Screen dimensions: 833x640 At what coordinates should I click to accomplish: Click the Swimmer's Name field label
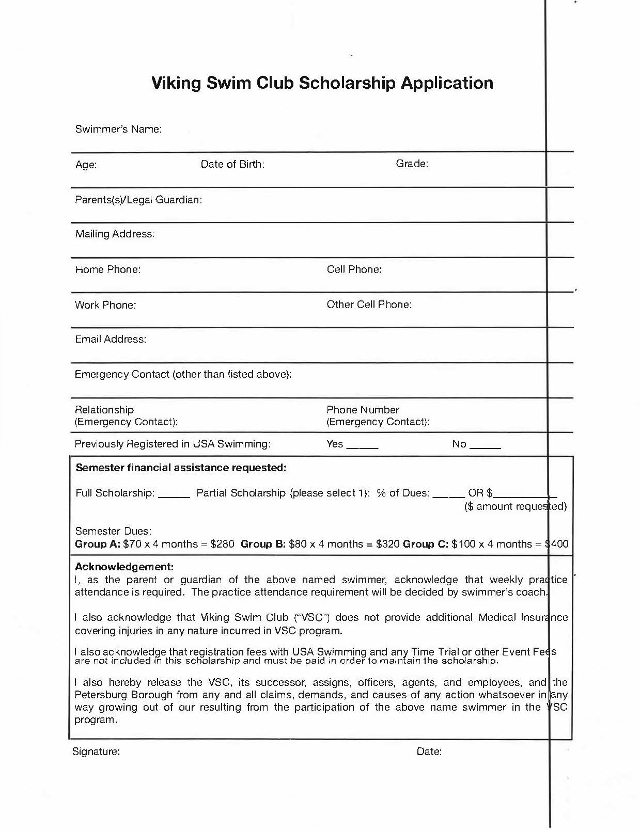(x=118, y=129)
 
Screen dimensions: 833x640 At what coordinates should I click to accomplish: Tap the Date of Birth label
(x=232, y=164)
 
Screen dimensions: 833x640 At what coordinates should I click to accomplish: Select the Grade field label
(x=412, y=164)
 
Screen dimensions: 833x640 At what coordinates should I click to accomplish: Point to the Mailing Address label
(x=115, y=234)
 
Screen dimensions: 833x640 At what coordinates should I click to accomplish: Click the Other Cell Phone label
(x=369, y=305)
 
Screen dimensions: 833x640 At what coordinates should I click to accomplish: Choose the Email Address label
(x=111, y=339)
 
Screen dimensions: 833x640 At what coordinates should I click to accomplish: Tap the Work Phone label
(x=105, y=305)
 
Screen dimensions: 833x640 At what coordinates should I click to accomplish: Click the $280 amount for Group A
(x=222, y=544)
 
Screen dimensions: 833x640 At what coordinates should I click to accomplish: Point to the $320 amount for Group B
(x=387, y=544)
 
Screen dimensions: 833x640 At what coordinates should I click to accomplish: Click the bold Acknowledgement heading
(x=124, y=567)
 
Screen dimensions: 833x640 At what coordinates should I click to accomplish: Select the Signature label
(x=96, y=751)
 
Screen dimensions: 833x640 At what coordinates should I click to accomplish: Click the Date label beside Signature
(x=429, y=751)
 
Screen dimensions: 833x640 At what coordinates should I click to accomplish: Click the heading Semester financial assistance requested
(x=181, y=468)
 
